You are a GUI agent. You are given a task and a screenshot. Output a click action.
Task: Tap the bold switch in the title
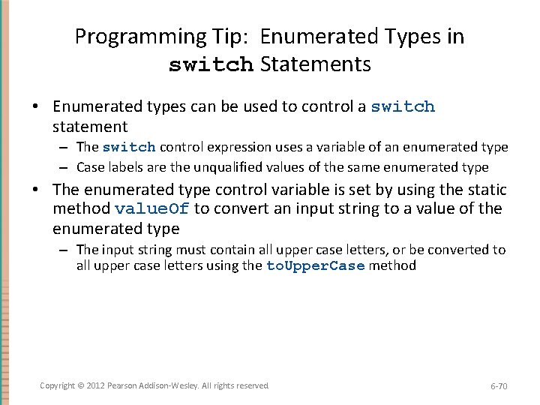[211, 65]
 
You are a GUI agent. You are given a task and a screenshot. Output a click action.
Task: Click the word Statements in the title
[316, 64]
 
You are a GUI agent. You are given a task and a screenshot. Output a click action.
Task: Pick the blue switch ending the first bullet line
[403, 106]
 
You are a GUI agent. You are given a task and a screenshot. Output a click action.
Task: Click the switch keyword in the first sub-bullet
[129, 147]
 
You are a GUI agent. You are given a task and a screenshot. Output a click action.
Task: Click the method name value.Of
[152, 208]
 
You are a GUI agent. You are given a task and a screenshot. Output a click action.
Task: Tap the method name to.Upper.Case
[316, 265]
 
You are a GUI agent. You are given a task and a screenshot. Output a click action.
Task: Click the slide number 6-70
[499, 386]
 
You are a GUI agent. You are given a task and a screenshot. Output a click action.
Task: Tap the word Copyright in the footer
[57, 385]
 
